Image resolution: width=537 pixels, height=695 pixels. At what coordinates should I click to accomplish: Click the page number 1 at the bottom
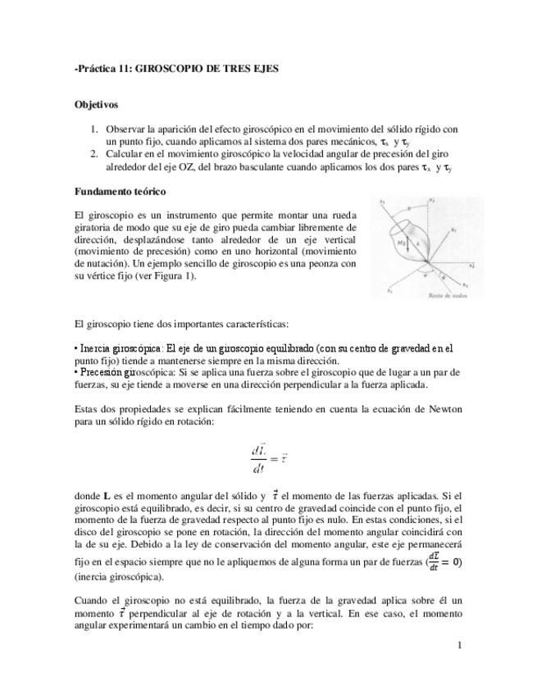click(x=461, y=646)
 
